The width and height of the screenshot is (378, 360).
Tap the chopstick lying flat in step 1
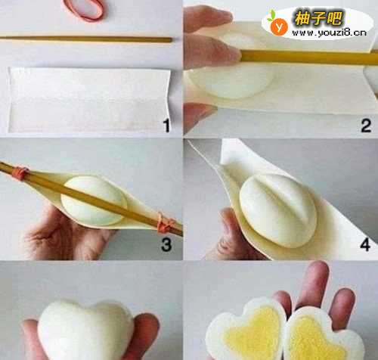(86, 39)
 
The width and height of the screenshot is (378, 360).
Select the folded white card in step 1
(89, 100)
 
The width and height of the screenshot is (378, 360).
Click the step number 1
(166, 126)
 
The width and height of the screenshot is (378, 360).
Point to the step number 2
(366, 126)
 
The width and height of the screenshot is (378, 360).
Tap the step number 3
(166, 244)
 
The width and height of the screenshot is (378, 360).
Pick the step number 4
(365, 244)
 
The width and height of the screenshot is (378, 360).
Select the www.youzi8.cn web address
(329, 33)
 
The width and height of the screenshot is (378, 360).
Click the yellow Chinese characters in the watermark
(318, 18)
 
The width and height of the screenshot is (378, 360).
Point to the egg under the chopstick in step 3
(94, 200)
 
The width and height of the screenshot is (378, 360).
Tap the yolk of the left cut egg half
(252, 333)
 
